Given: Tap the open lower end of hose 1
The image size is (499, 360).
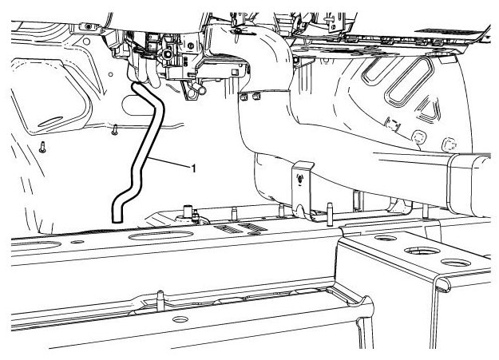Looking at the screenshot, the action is click(117, 215).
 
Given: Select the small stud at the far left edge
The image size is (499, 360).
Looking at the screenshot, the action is click(42, 147).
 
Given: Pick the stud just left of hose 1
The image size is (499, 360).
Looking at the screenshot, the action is click(115, 128).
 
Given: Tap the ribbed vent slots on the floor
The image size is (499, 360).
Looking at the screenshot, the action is click(240, 228).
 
